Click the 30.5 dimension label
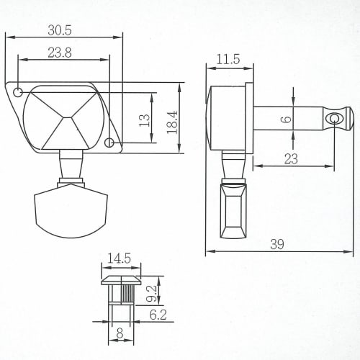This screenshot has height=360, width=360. [60, 30]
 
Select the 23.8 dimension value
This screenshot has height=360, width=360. [60, 53]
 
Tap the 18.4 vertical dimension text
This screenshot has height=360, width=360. [172, 122]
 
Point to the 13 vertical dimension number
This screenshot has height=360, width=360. [144, 120]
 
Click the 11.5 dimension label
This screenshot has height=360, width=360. [228, 59]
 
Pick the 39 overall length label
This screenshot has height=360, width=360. [277, 244]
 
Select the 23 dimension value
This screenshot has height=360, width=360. [291, 158]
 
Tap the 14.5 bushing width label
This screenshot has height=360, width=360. [119, 258]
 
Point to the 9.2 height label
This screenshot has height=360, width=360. [152, 293]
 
